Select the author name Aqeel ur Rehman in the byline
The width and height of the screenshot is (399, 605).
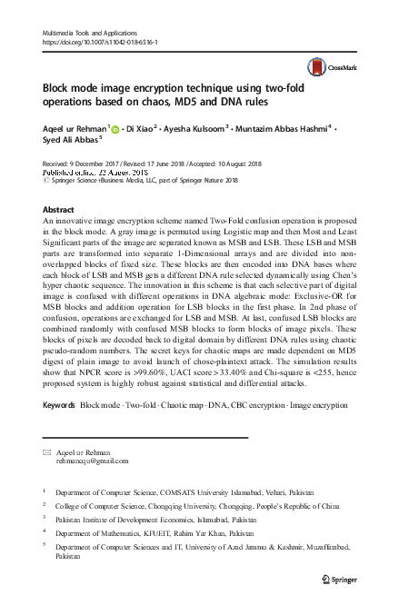(x=75, y=129)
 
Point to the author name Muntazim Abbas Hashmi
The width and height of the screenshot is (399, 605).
(x=285, y=129)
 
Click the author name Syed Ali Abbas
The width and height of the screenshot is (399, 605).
(x=69, y=142)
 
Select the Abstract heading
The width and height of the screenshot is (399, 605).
(x=59, y=209)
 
